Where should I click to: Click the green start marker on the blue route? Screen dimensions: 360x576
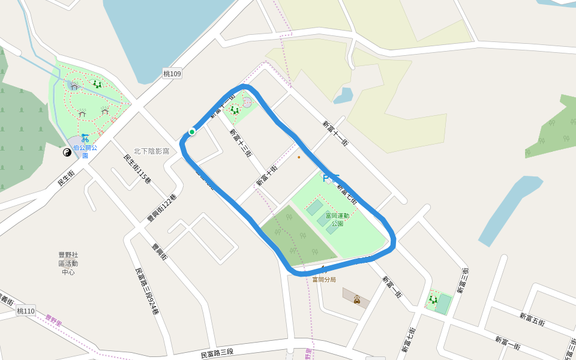(192, 132)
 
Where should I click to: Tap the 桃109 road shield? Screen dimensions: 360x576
(172, 74)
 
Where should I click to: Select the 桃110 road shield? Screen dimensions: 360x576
(26, 311)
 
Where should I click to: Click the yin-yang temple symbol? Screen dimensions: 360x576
(67, 152)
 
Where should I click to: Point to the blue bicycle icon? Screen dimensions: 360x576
(85, 137)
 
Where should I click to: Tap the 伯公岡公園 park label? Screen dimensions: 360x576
(85, 151)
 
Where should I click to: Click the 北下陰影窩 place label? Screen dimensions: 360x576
(151, 151)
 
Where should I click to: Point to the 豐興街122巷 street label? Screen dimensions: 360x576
(162, 208)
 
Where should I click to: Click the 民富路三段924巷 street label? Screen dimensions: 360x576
(147, 292)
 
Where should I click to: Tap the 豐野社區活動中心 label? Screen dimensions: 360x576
(68, 263)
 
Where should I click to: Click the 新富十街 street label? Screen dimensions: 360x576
(267, 175)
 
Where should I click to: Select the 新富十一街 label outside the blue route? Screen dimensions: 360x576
(335, 133)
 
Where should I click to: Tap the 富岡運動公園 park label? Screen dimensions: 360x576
(337, 220)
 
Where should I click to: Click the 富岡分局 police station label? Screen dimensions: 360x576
(324, 280)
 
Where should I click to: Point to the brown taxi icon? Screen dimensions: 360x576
(357, 299)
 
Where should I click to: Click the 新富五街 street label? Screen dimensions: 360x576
(532, 319)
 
